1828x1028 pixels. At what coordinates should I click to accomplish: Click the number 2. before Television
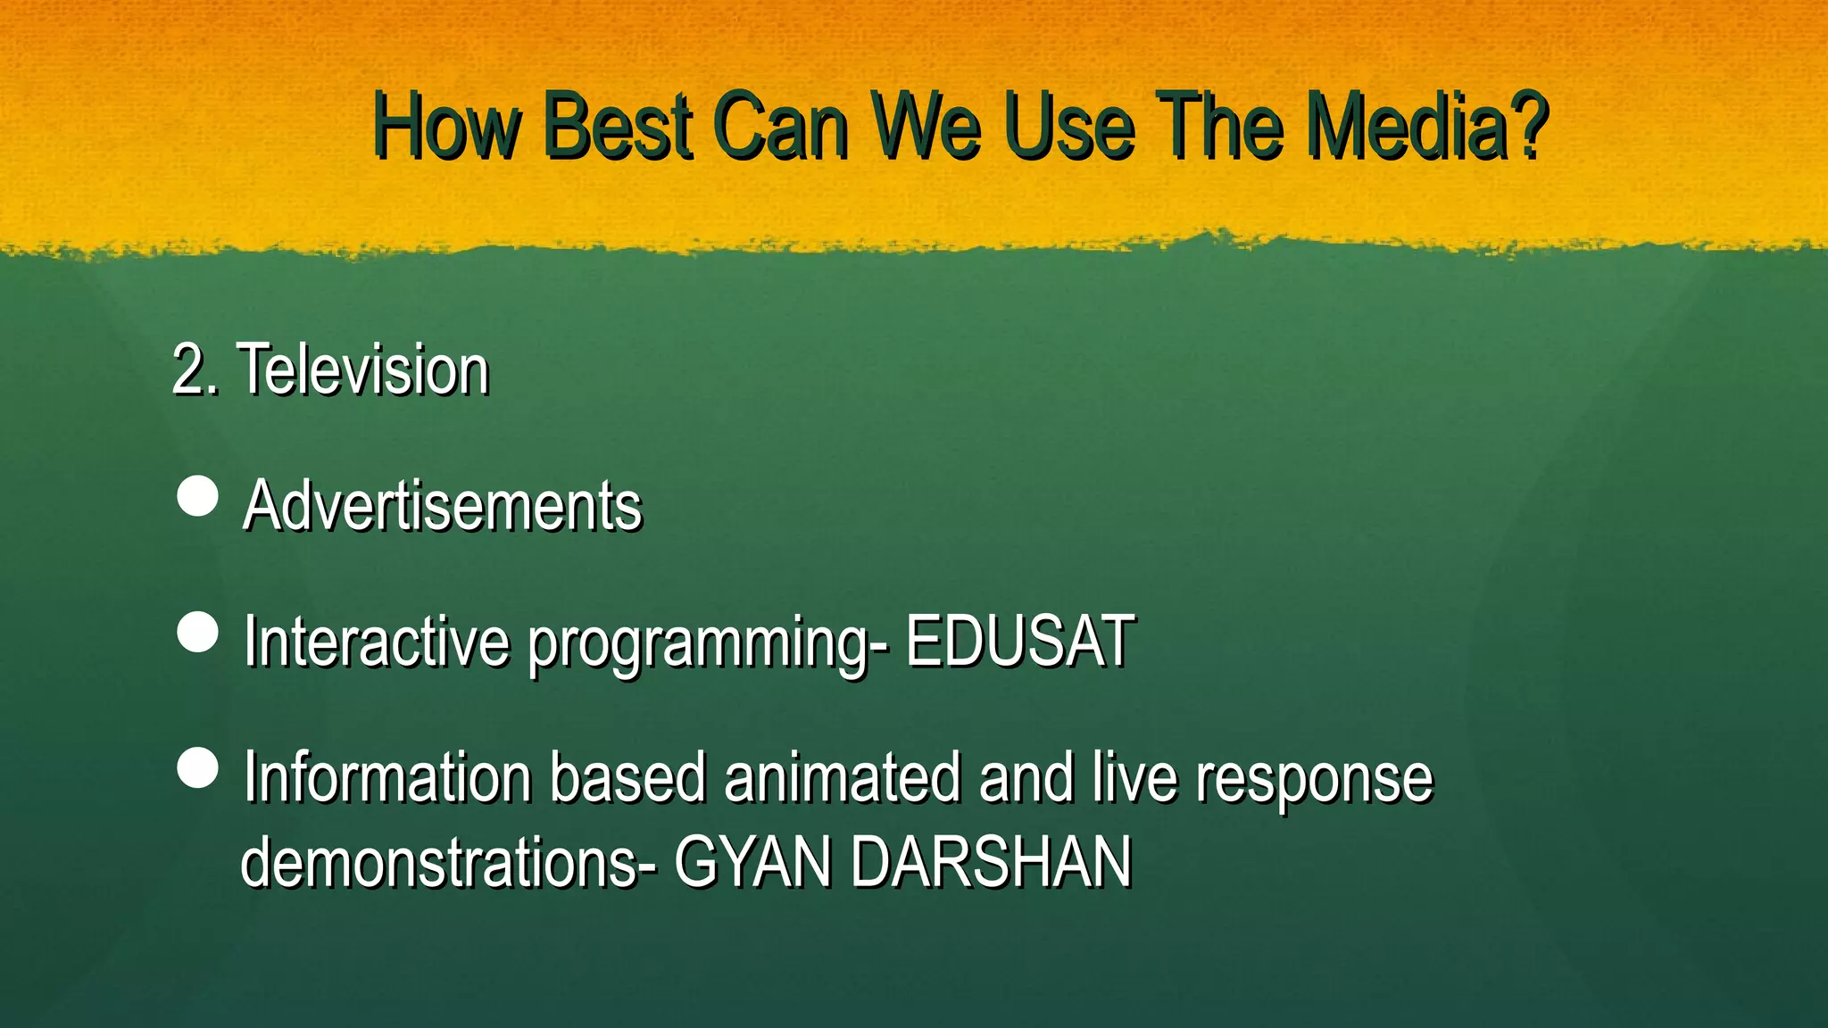194,369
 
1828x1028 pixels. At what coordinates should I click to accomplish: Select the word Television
363,369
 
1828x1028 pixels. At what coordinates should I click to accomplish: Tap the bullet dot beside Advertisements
198,496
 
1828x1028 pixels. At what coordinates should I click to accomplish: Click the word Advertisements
442,506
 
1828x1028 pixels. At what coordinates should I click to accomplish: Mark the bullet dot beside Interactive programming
198,633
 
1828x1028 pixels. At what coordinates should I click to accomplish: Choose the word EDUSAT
1019,641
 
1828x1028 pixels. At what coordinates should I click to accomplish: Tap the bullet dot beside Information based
198,768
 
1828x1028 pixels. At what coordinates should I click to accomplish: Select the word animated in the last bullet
843,777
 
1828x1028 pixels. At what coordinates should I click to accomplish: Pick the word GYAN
752,863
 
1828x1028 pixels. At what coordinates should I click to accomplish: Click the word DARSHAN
991,863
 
